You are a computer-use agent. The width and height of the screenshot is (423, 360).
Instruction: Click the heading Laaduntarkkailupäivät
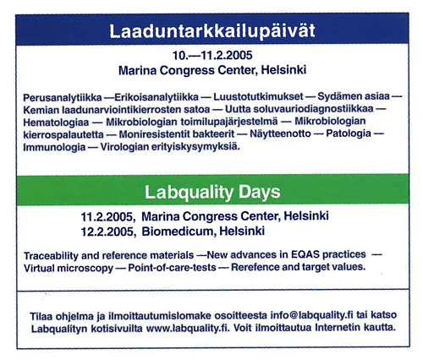[x=211, y=30]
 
